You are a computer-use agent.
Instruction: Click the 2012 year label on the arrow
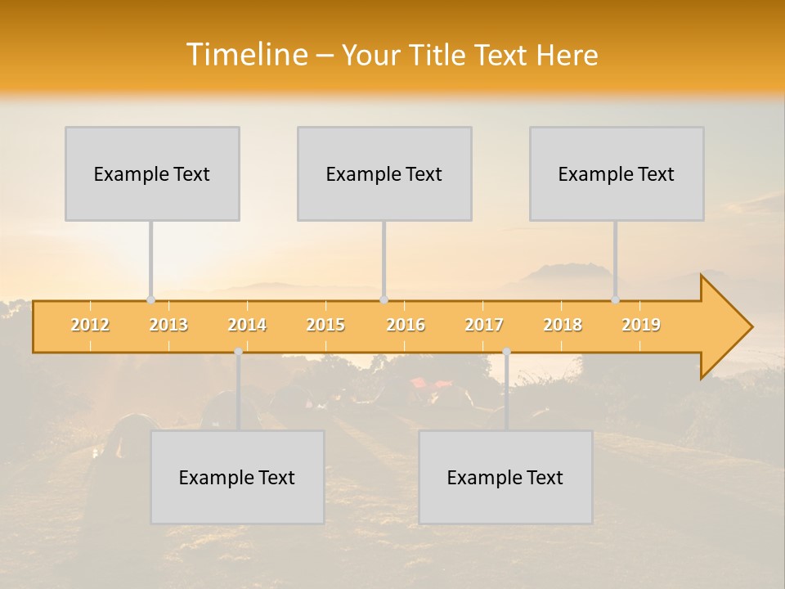click(90, 325)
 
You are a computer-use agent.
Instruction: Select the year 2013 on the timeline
click(168, 325)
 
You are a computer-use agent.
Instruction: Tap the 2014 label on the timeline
click(247, 325)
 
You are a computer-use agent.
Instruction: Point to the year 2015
click(325, 325)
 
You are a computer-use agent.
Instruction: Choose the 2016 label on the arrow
click(406, 325)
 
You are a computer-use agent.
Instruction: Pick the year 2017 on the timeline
click(484, 325)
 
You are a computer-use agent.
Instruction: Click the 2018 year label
click(563, 325)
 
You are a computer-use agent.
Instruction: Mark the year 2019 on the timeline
click(641, 325)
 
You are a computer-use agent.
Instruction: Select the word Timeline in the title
click(245, 55)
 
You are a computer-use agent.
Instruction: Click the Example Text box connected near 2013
click(152, 173)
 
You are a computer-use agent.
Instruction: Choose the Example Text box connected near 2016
click(384, 173)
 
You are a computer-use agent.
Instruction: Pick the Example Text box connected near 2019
click(617, 173)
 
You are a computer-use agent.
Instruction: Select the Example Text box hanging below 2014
click(237, 477)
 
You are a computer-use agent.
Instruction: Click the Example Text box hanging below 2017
click(505, 477)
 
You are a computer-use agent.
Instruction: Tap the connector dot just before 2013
click(150, 299)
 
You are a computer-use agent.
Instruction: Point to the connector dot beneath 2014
click(238, 352)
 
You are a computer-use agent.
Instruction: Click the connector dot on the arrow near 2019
click(615, 299)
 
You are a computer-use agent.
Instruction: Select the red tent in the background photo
click(431, 383)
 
